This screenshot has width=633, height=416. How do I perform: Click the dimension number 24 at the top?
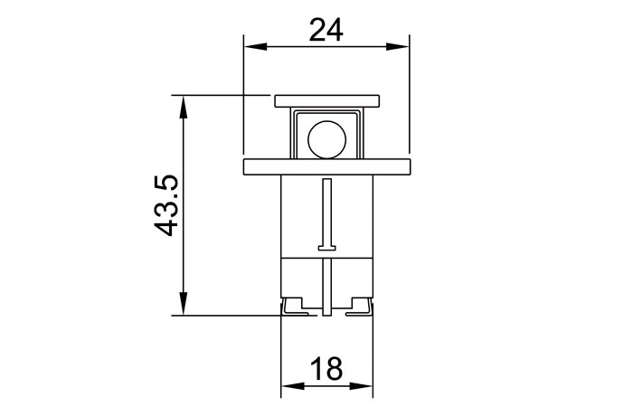(x=326, y=29)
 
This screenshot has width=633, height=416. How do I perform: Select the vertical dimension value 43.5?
(x=169, y=206)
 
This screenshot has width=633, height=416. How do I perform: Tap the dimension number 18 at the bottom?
(x=326, y=368)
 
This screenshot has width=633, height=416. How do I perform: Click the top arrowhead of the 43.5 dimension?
(x=184, y=101)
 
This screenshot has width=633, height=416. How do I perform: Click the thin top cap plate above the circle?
(x=326, y=100)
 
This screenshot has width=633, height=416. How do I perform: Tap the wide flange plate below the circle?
(x=326, y=165)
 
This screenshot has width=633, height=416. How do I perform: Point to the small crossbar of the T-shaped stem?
(x=326, y=247)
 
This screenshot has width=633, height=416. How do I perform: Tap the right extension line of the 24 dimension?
(x=409, y=99)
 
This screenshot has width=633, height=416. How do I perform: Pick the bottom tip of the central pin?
(x=326, y=315)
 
